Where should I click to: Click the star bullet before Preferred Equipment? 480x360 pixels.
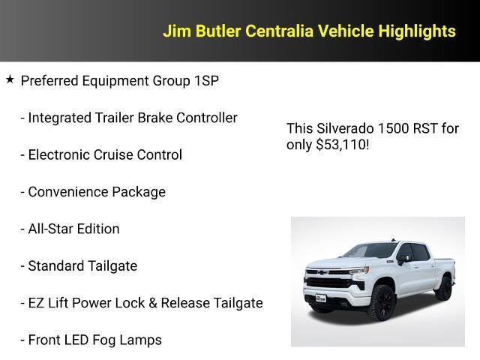pos(10,79)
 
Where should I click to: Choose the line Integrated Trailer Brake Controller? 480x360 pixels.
pos(129,118)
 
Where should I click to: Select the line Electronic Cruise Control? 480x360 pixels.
pos(101,155)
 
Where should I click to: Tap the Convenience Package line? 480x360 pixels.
pos(93,192)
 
